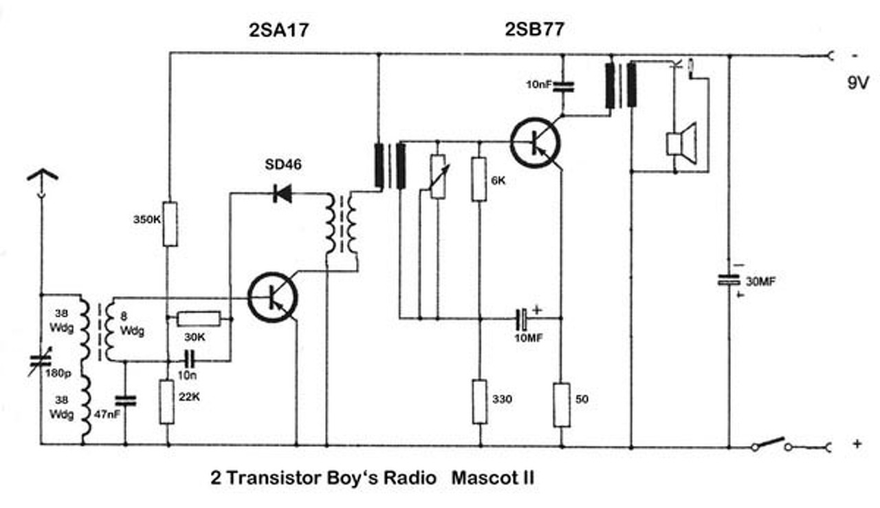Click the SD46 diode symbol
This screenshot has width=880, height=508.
pos(282,194)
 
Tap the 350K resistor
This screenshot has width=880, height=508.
pos(168,224)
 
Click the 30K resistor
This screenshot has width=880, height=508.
pos(199,318)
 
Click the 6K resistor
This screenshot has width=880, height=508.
pos(479,179)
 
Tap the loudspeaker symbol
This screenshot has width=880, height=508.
pos(681,144)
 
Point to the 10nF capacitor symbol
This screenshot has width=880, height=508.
pos(562,85)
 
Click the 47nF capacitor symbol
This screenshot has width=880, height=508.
pos(125,400)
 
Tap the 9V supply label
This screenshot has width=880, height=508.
pos(857,84)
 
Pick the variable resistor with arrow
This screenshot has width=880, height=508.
pos(438,176)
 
